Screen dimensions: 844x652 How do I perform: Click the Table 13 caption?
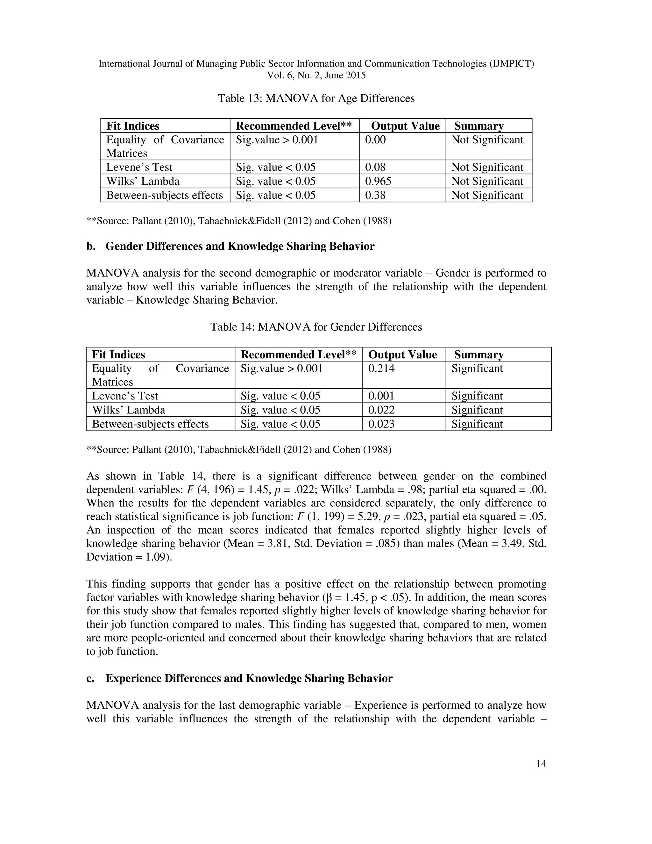pos(316,98)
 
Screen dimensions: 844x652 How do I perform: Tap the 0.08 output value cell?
pos(375,167)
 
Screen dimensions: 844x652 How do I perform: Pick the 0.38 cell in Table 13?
pos(375,195)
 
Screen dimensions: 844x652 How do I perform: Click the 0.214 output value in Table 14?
pos(381,368)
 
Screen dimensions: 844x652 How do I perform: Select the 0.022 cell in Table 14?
pos(381,410)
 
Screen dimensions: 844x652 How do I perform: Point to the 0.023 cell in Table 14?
pos(381,424)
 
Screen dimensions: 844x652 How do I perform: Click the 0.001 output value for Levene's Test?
pos(381,396)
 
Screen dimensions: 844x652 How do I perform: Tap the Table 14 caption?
pos(316,327)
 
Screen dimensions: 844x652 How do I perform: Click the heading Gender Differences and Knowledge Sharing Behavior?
pos(240,247)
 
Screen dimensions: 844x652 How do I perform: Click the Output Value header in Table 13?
pos(405,126)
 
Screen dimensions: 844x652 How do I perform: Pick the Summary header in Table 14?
pos(478,355)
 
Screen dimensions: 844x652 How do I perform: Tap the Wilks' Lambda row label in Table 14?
pos(128,410)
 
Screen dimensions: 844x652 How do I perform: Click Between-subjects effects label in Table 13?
pos(165,195)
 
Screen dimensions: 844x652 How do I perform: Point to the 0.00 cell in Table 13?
pos(375,140)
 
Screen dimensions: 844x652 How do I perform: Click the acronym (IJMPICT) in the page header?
pos(512,64)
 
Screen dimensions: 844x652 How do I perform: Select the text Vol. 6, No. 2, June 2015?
pos(316,75)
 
